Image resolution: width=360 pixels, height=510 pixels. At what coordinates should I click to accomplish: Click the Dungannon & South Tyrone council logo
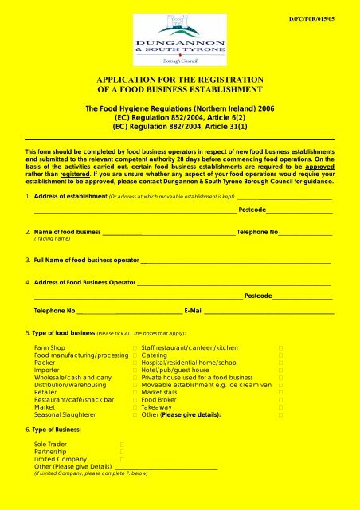point(179,34)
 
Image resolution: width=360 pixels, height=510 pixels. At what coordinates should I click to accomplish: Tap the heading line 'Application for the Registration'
point(180,80)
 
